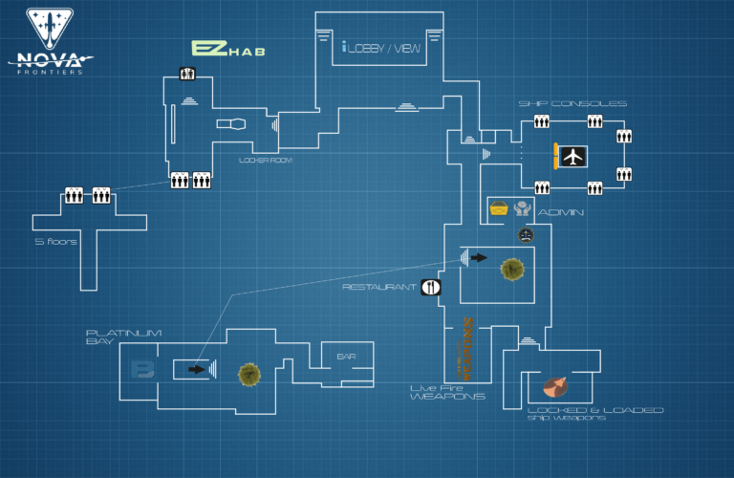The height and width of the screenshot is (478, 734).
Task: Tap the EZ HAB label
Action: pos(227,48)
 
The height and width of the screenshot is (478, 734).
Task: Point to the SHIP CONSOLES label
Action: pos(572,103)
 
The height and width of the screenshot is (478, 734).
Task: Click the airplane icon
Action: pos(572,155)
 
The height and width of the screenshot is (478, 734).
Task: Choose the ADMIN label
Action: pos(561,212)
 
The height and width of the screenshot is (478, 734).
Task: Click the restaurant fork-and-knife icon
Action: pos(431,286)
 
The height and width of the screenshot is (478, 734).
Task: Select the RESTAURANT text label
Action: pos(379,286)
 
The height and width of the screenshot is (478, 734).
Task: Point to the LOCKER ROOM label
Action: pos(265,161)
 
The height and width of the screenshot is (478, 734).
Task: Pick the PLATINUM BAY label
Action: pos(111,337)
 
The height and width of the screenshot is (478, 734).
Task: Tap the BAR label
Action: pos(346,357)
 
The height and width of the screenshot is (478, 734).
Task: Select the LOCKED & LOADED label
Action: pos(595,410)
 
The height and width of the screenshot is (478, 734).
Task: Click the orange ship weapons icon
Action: pos(554,385)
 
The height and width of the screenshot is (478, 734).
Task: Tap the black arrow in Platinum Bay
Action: pos(196,368)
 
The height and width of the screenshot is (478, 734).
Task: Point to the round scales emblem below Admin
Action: pos(525,234)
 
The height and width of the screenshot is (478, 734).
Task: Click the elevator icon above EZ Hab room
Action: pos(187,74)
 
